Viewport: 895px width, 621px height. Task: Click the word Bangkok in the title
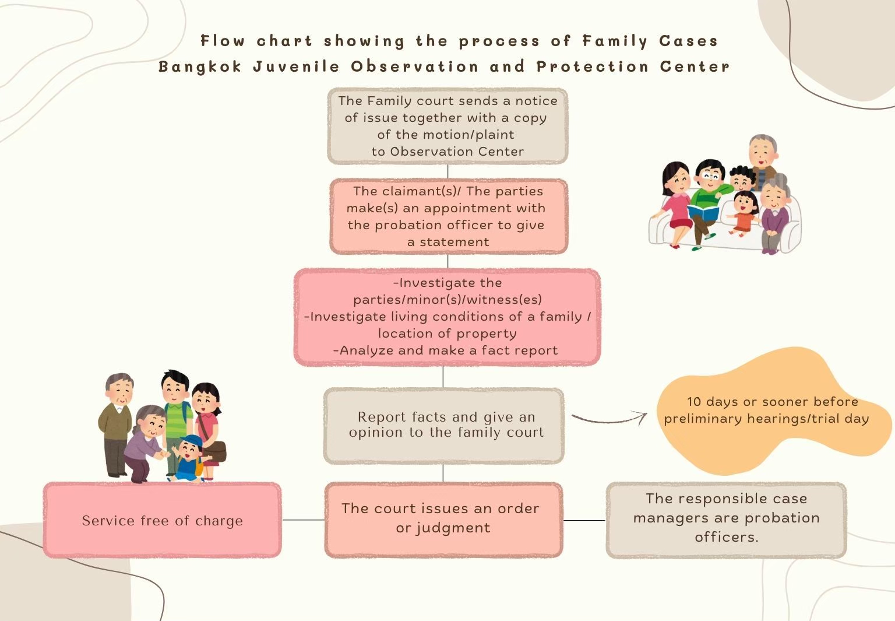pyautogui.click(x=200, y=67)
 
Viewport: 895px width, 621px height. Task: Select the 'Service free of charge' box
pyautogui.click(x=162, y=520)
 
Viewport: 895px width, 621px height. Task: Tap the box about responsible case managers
pyautogui.click(x=726, y=520)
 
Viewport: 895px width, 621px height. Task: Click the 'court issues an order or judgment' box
pyautogui.click(x=443, y=520)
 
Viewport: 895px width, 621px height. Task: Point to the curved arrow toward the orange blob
pyautogui.click(x=609, y=419)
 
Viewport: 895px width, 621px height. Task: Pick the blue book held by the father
pyautogui.click(x=703, y=212)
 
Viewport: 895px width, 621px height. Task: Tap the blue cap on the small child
pyautogui.click(x=191, y=441)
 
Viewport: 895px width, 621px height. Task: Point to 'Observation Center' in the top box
pyautogui.click(x=457, y=152)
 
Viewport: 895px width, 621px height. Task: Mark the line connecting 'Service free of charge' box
pyautogui.click(x=303, y=520)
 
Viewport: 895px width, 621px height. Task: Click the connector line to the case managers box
pyautogui.click(x=584, y=520)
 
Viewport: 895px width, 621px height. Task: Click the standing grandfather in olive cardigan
pyautogui.click(x=117, y=424)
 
